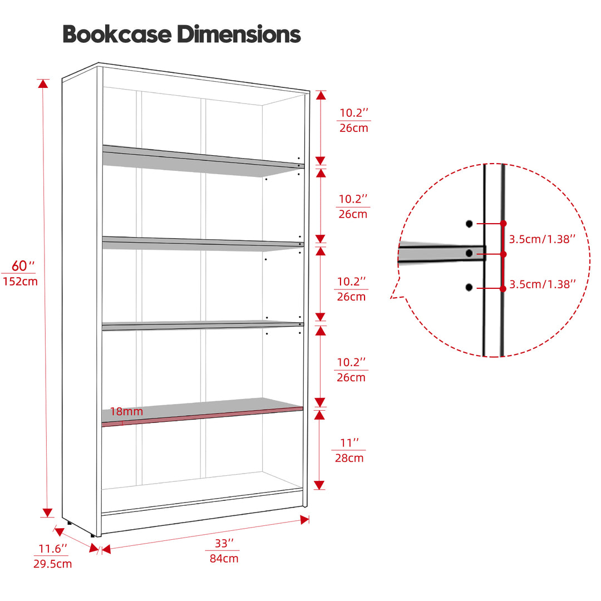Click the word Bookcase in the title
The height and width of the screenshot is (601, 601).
point(117,34)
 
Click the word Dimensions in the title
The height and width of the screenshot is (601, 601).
point(239,34)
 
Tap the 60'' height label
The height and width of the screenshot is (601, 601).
point(23,265)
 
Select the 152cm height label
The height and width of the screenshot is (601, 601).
point(21,282)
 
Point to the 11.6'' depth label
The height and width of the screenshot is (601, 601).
point(52,549)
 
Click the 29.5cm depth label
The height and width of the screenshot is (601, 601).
point(52,564)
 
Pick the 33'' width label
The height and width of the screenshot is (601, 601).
point(224,543)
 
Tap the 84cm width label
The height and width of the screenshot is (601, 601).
point(224,559)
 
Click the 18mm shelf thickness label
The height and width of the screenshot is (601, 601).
point(126,411)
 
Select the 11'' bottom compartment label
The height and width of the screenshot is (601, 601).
point(349,443)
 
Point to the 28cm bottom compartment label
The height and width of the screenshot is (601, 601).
point(349,458)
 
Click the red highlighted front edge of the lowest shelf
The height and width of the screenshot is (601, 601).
point(202,416)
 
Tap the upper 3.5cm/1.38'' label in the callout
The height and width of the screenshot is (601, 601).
point(542,239)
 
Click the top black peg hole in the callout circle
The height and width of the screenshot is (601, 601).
point(469,224)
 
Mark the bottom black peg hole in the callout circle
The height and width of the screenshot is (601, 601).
point(469,288)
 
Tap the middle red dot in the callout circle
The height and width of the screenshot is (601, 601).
point(503,254)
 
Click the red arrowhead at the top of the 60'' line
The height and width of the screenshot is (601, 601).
point(43,83)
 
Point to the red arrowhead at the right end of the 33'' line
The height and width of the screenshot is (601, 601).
point(305,520)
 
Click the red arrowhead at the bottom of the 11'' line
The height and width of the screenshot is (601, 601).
point(319,485)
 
